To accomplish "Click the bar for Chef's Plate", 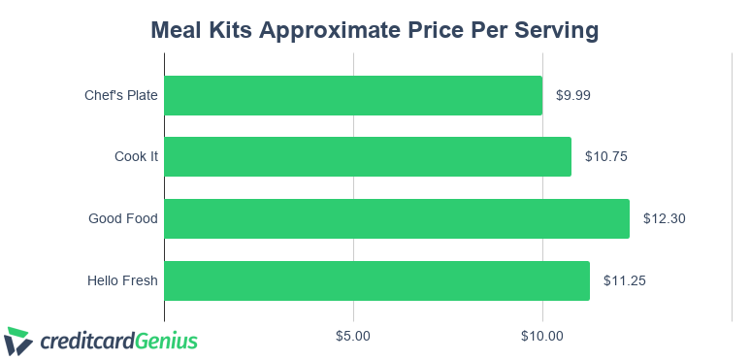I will (353, 95).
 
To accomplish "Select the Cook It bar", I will (368, 156).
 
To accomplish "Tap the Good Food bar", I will (397, 218).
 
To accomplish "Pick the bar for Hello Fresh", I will (376, 280).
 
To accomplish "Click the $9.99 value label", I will (573, 95).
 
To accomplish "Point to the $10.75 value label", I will (606, 156).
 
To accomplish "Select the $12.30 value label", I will (665, 218).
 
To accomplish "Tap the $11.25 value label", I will (625, 280).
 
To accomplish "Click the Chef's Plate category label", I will (121, 95).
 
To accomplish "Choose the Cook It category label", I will (136, 156).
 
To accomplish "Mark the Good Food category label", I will (123, 218).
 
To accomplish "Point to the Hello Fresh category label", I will (122, 280).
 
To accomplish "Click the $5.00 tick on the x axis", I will (353, 337).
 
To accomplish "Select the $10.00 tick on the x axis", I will (541, 337).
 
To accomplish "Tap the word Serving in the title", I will (555, 31).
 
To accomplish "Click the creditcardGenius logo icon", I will (18, 341).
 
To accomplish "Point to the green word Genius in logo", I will (166, 341).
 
